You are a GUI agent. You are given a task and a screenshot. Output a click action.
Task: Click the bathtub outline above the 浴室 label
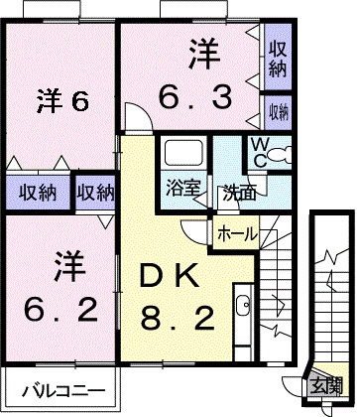183,154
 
